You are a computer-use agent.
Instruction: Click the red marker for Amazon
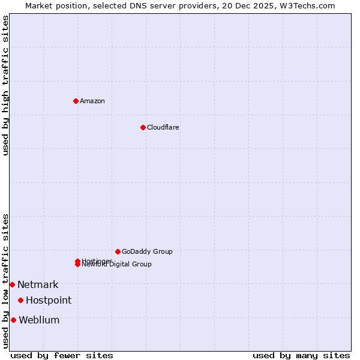[76, 101]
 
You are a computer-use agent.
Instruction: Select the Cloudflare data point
[143, 127]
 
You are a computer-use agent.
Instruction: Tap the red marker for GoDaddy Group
[118, 251]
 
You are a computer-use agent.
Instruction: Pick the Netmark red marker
[12, 284]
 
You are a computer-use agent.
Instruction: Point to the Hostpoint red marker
[20, 300]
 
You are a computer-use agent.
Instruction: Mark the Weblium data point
[13, 320]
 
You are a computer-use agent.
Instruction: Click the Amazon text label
[92, 101]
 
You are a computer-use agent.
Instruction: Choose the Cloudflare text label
[163, 127]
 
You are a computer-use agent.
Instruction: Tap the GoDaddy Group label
[147, 251]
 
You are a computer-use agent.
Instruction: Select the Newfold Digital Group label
[117, 265]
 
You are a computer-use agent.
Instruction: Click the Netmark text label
[38, 284]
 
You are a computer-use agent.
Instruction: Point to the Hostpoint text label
[49, 300]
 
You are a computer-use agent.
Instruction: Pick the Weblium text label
[39, 320]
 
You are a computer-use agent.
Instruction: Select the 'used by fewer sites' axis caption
[62, 355]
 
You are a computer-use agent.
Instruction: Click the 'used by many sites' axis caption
[301, 355]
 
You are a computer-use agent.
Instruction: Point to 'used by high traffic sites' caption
[5, 85]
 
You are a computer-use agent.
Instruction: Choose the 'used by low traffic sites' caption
[5, 280]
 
